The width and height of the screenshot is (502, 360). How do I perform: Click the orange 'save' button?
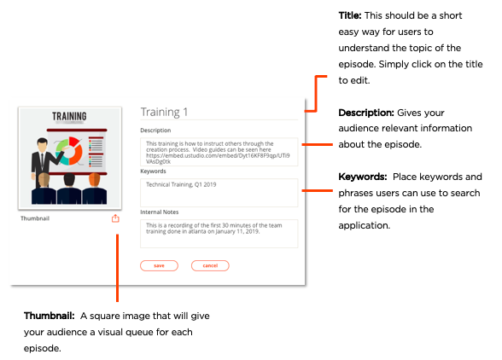coord(159,265)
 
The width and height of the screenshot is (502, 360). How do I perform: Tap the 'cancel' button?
coord(210,265)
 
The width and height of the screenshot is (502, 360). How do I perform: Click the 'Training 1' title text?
coord(164,112)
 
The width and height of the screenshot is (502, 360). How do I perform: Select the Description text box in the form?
coord(219,152)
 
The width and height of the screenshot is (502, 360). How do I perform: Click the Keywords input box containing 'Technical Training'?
coord(219,193)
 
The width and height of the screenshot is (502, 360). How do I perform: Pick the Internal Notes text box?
coord(219,234)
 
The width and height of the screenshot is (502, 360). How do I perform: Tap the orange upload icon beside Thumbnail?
coord(115,218)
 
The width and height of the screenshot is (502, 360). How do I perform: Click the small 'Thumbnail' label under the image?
coord(35,218)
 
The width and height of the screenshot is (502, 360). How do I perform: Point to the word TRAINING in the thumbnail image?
coord(69,116)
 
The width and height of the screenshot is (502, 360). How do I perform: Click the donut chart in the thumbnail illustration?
coord(69,151)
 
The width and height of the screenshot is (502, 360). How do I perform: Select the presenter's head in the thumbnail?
coord(42,145)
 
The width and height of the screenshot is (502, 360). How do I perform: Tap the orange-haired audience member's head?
coord(94,179)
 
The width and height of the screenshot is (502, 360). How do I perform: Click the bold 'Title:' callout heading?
coord(350,15)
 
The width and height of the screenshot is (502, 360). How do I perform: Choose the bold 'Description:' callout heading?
coord(366,113)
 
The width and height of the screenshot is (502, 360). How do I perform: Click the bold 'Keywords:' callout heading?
coord(363,177)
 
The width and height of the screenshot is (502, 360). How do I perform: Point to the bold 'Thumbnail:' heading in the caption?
coord(49,316)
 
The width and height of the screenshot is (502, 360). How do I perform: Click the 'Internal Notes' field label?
coord(160,212)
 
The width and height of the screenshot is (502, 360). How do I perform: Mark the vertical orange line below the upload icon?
coord(117,268)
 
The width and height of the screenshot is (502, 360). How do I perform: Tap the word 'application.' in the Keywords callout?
coord(365,225)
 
